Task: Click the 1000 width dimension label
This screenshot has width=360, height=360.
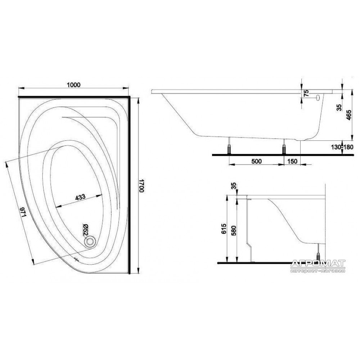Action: coord(74,85)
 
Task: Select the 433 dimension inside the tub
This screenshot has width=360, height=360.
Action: coord(80,197)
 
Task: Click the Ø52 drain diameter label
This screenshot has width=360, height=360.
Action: coord(85,230)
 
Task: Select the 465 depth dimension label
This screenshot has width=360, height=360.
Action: coord(348,115)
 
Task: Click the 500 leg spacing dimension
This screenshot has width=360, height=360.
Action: coord(256,161)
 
